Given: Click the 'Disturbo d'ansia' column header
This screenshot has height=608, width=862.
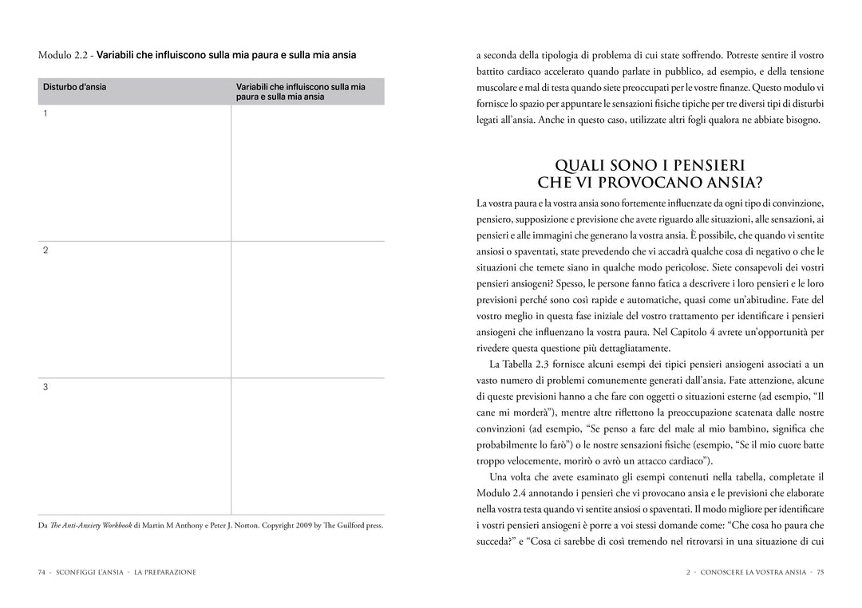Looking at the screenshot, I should [x=74, y=87].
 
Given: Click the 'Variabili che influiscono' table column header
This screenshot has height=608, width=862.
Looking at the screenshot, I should [x=300, y=91].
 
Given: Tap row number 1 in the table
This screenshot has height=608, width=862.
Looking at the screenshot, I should [x=45, y=113].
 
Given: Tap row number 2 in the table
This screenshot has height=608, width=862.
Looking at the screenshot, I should [x=45, y=251].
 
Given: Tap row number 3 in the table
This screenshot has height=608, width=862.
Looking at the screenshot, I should [x=45, y=387].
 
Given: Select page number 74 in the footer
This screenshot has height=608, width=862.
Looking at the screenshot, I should [x=42, y=572].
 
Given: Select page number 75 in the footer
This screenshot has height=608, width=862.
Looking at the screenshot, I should [x=820, y=572].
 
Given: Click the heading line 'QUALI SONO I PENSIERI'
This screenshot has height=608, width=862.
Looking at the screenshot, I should [x=650, y=165].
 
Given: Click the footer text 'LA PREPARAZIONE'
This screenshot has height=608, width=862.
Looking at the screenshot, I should [x=165, y=572].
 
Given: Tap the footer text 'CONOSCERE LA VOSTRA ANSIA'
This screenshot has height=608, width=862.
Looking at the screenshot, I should [x=753, y=572].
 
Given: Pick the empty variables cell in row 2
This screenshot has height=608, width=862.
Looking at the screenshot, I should [x=307, y=310].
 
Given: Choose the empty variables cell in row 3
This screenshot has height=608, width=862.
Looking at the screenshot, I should [x=307, y=446].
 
